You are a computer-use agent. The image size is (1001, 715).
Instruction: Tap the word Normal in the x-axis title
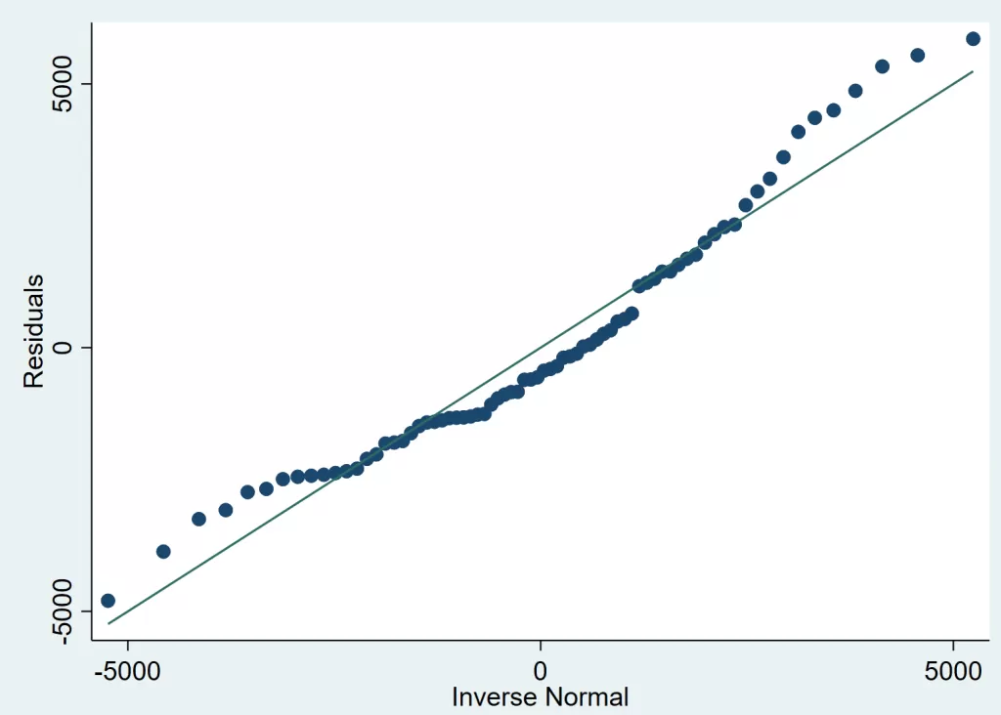[589, 696]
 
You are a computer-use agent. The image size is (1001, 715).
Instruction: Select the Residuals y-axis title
[35, 331]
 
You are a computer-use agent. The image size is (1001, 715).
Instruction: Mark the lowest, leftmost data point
[108, 601]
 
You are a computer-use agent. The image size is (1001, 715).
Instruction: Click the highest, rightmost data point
[973, 38]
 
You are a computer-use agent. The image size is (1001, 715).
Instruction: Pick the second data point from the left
[163, 552]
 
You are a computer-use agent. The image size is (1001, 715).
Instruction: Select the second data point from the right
[918, 55]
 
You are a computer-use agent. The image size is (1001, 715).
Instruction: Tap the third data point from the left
[198, 519]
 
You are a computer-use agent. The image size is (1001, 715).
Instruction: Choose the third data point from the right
[882, 66]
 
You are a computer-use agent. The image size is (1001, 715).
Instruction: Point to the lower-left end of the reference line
[108, 623]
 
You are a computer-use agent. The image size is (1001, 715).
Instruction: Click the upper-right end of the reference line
[973, 71]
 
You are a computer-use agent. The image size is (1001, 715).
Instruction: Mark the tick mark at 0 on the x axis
[541, 648]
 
